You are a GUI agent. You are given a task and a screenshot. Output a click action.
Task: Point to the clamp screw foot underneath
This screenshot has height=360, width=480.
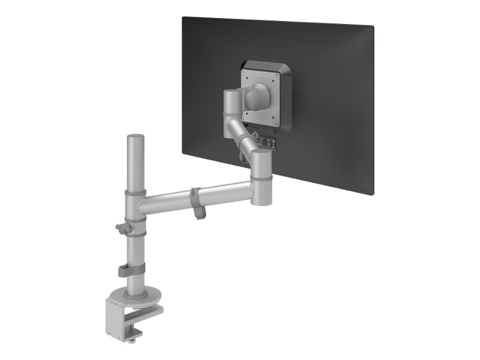[x=132, y=340]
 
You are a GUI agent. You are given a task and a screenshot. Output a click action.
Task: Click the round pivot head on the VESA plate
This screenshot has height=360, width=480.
[x=259, y=95]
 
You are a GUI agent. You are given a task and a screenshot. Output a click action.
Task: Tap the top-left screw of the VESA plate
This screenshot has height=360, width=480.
[x=244, y=73]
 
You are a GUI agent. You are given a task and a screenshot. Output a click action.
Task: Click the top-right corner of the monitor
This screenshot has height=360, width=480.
[x=373, y=26]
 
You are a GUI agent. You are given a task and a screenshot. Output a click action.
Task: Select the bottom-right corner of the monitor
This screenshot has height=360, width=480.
[x=372, y=194]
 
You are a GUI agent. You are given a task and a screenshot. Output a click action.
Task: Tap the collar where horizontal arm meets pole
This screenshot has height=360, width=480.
[x=136, y=204]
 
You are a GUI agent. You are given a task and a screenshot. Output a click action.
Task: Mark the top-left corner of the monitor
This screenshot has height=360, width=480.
[x=183, y=17]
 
